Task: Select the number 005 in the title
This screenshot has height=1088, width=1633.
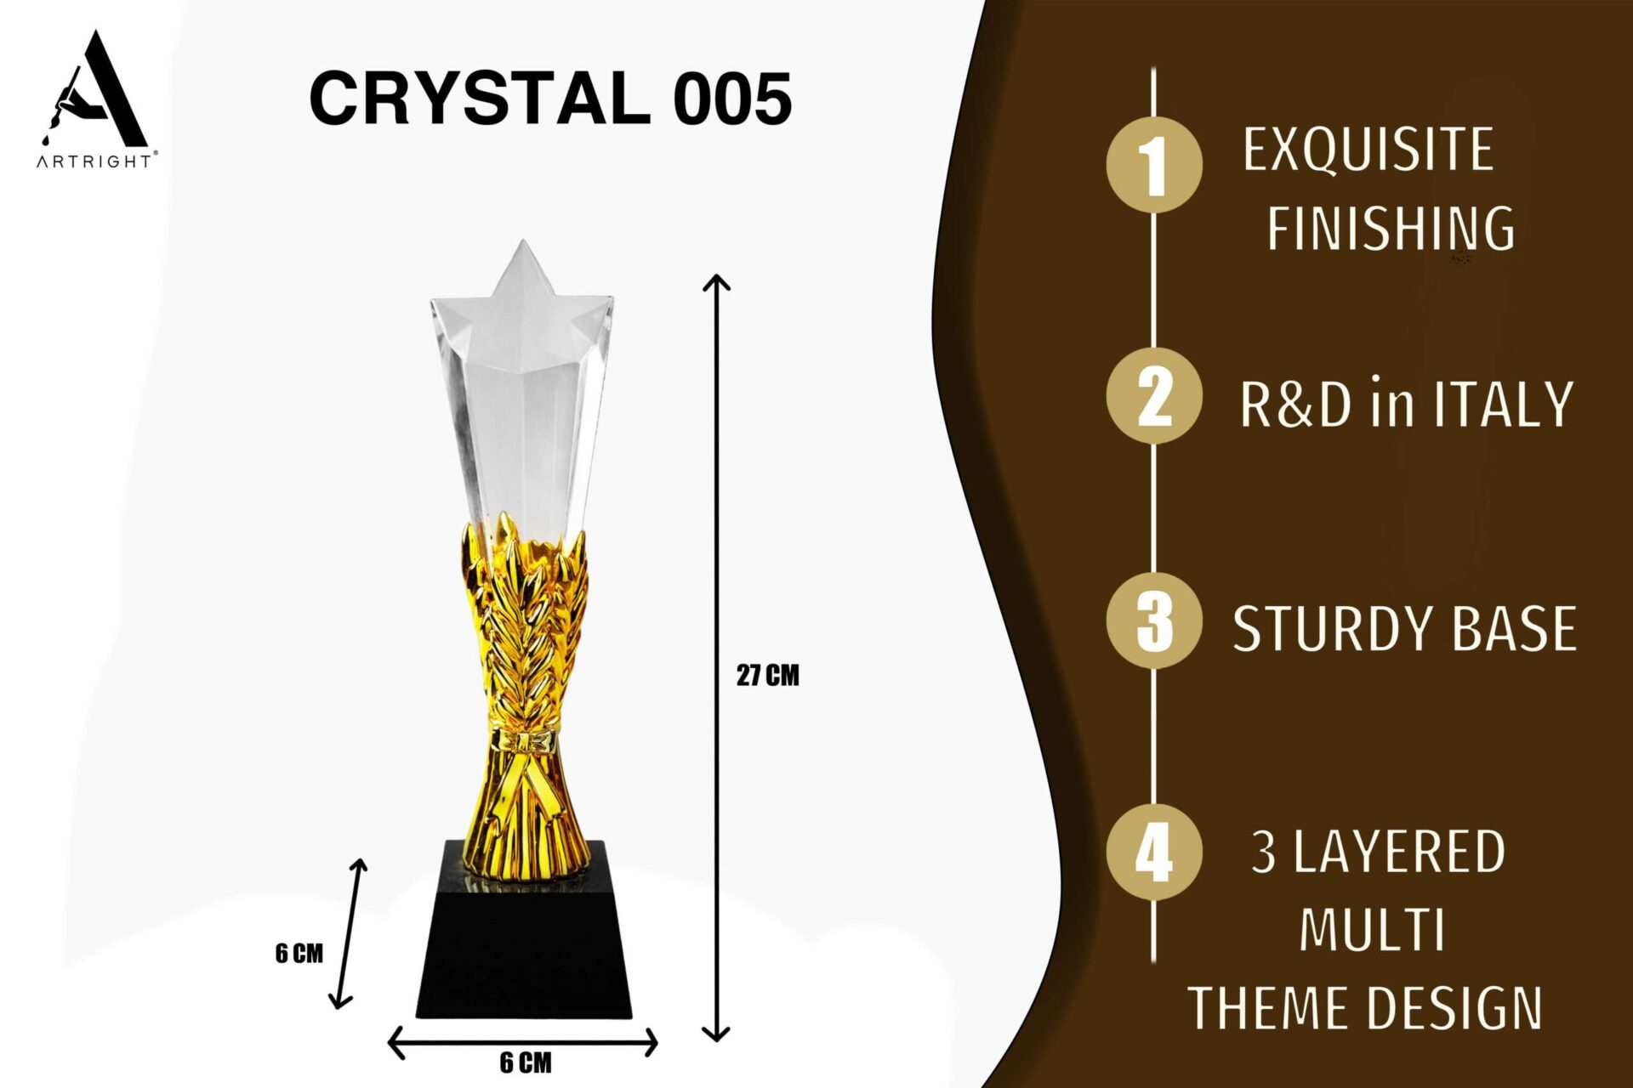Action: point(733,99)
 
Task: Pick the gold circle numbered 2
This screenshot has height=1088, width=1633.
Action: point(1154,395)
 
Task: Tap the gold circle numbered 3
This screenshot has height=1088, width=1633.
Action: point(1154,620)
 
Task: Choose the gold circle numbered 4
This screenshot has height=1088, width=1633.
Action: point(1154,852)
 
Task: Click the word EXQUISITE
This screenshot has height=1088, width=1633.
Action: point(1368,150)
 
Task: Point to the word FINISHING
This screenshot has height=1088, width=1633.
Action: point(1391,228)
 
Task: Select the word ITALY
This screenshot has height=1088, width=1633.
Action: point(1503,404)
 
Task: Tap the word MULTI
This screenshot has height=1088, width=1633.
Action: point(1372,930)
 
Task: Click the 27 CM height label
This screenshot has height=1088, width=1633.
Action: point(768,676)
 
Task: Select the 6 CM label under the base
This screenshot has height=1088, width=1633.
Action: point(526,1062)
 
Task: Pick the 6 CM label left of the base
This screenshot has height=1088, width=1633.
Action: point(299,954)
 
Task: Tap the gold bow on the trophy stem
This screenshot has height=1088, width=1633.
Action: point(525,741)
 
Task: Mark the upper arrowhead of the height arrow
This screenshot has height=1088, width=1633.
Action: point(717,281)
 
